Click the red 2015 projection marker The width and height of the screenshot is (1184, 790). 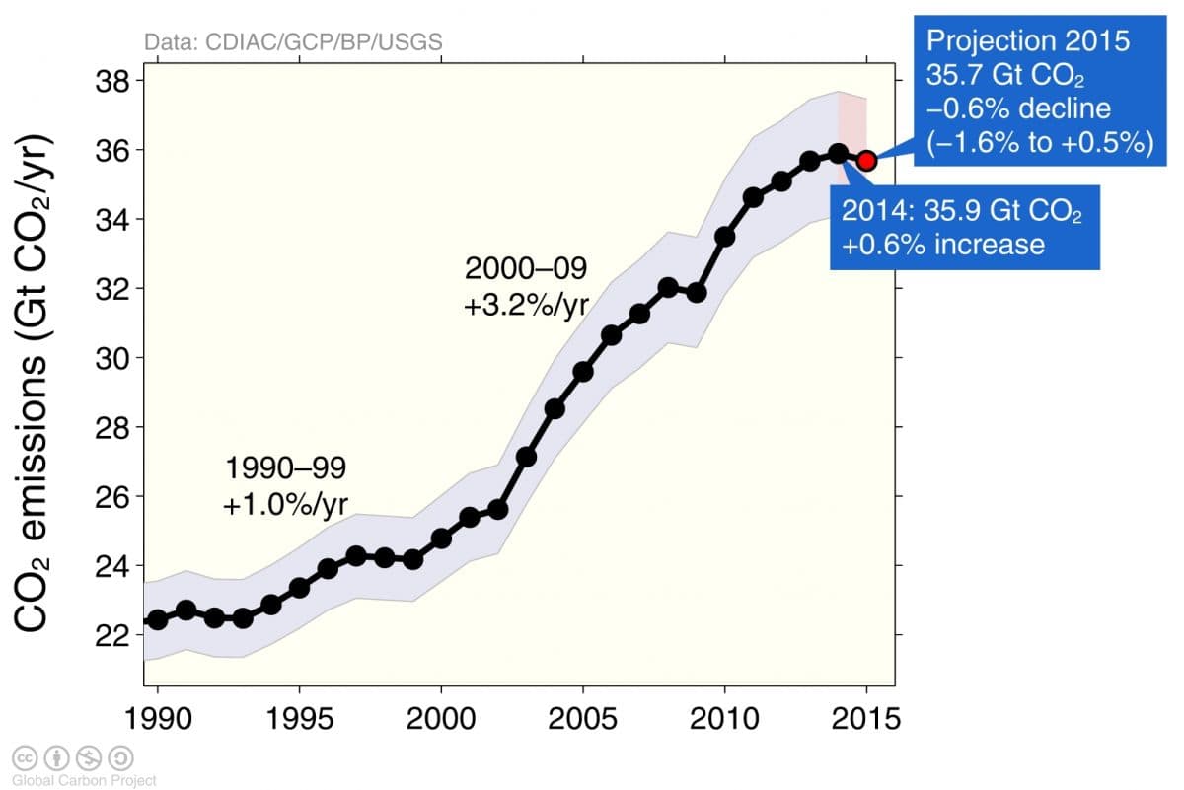coord(866,161)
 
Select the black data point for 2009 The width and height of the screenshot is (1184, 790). coord(696,293)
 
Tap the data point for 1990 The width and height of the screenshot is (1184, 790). coord(156,620)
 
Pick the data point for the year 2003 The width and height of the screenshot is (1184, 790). coord(526,457)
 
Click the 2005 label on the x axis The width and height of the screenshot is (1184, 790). coord(582,718)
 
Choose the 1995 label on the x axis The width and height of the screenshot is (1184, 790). coord(299,718)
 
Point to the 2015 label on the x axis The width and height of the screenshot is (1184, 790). coord(866,718)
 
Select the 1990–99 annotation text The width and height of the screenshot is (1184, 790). coord(286,467)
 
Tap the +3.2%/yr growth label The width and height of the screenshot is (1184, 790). coord(526,306)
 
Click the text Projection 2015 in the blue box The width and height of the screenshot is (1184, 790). coord(1026,41)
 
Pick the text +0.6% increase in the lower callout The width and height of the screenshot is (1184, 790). coord(942,243)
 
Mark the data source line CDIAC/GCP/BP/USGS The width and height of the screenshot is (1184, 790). coord(293,42)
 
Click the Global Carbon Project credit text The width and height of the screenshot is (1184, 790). coord(84,780)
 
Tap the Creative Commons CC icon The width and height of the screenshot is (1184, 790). coord(24,757)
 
